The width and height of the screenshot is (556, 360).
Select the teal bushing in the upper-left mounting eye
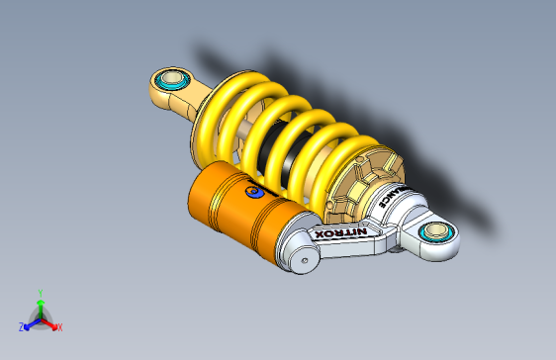(172, 79)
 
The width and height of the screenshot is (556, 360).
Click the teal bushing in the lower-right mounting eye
(433, 233)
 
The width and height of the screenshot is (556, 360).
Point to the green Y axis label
(40, 292)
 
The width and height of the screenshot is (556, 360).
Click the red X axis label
(59, 326)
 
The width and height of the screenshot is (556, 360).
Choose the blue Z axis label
(21, 326)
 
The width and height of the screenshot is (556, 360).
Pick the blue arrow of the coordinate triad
(31, 322)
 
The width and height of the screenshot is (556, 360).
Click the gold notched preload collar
(361, 183)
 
